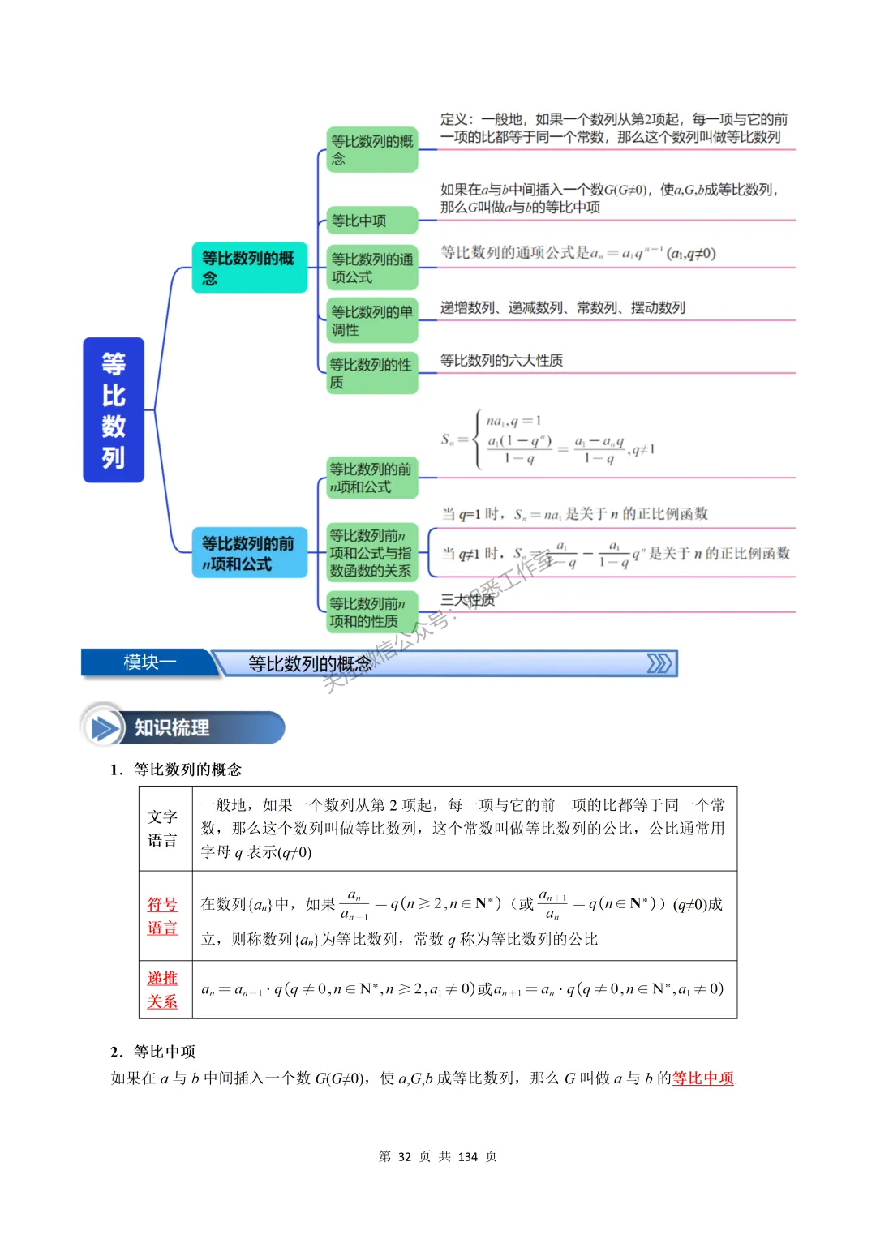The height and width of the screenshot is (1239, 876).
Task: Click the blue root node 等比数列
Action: pyautogui.click(x=114, y=410)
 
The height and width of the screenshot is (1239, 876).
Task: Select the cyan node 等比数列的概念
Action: pyautogui.click(x=249, y=268)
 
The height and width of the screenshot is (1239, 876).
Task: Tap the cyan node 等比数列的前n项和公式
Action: pyautogui.click(x=249, y=553)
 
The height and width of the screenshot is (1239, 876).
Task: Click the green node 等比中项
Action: pyautogui.click(x=371, y=221)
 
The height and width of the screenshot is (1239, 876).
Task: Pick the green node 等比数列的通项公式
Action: pyautogui.click(x=371, y=268)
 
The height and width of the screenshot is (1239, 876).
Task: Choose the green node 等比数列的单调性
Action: pyautogui.click(x=371, y=320)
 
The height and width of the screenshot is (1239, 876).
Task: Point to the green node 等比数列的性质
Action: pyautogui.click(x=371, y=373)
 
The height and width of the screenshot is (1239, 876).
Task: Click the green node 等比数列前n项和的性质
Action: pyautogui.click(x=371, y=612)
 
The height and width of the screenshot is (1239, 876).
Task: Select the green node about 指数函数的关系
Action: pyautogui.click(x=371, y=553)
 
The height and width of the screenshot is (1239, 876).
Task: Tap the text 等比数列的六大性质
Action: pyautogui.click(x=501, y=360)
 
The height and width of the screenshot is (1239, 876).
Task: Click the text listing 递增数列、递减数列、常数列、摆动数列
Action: pyautogui.click(x=562, y=307)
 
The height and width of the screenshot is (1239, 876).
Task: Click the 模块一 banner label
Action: pyautogui.click(x=149, y=662)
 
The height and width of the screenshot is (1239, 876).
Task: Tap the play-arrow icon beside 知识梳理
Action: pyautogui.click(x=104, y=727)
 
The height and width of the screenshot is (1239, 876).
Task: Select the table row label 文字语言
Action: pyautogui.click(x=162, y=828)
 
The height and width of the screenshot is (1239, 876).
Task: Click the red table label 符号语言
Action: pyautogui.click(x=162, y=915)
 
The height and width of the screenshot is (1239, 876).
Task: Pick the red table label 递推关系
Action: pyautogui.click(x=162, y=989)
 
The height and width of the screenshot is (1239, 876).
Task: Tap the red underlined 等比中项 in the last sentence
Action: pyautogui.click(x=702, y=1078)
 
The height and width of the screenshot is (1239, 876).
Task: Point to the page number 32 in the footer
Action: pyautogui.click(x=405, y=1156)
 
